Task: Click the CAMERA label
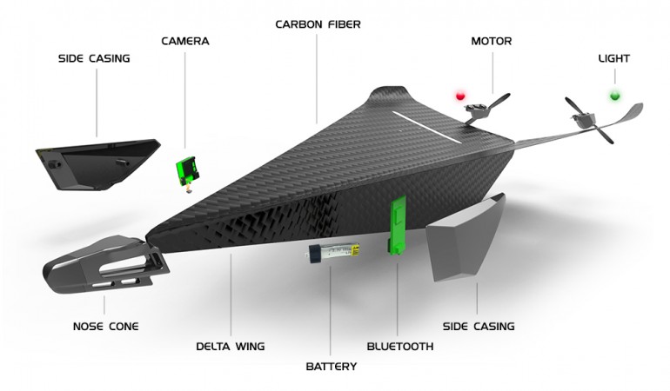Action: tap(185, 41)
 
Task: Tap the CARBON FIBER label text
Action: tap(318, 24)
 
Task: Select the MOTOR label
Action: tap(491, 41)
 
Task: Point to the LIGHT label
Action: tap(614, 58)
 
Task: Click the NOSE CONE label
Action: tap(105, 327)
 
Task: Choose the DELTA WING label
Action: tap(230, 346)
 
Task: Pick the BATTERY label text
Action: tap(331, 367)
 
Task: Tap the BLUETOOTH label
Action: tap(399, 346)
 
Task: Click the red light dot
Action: tap(461, 94)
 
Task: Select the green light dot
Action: tap(614, 95)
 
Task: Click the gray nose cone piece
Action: tap(100, 265)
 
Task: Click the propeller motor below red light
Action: tap(478, 110)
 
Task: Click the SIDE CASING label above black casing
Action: tap(94, 58)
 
